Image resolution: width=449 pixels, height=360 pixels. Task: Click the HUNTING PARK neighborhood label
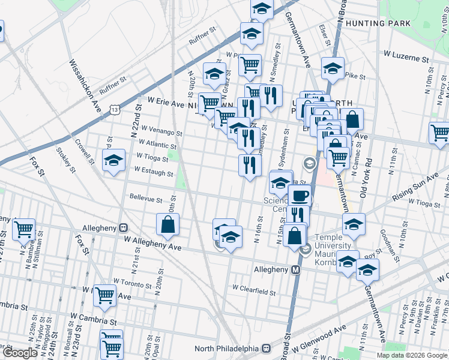coord(382,23)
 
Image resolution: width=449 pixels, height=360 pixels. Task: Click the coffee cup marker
coord(300,196)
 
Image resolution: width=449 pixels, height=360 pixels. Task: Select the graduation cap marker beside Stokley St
coord(113,161)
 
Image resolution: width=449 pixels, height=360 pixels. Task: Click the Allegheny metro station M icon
coord(296,270)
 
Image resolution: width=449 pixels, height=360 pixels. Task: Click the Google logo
coord(20,353)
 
